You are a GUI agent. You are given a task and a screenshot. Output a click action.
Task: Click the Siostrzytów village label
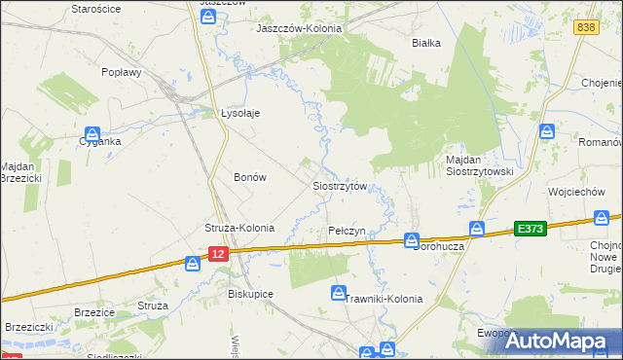pos(339,185)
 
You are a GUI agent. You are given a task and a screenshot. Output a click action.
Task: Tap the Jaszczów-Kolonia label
pos(299,28)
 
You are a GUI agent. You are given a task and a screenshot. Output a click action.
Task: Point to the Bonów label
pos(250,177)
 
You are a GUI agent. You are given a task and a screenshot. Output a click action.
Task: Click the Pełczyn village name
pos(347,231)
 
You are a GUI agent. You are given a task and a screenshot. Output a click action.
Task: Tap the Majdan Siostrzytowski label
pos(479,164)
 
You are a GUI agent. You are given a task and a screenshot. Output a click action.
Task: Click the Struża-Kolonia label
pos(238,227)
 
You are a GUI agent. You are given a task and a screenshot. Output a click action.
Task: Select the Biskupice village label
pos(247,292)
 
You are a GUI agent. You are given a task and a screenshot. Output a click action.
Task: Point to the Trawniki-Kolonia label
pos(385,299)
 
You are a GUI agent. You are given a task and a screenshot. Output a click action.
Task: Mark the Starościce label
pos(95,8)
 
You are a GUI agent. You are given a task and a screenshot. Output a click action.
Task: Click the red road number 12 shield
pos(218,254)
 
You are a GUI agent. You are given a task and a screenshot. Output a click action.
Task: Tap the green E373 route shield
pos(531,229)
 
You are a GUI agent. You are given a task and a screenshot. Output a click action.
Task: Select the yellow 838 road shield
pos(585,28)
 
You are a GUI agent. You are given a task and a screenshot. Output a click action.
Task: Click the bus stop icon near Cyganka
pos(92,133)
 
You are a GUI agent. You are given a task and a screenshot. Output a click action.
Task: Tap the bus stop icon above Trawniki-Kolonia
pos(339,292)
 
